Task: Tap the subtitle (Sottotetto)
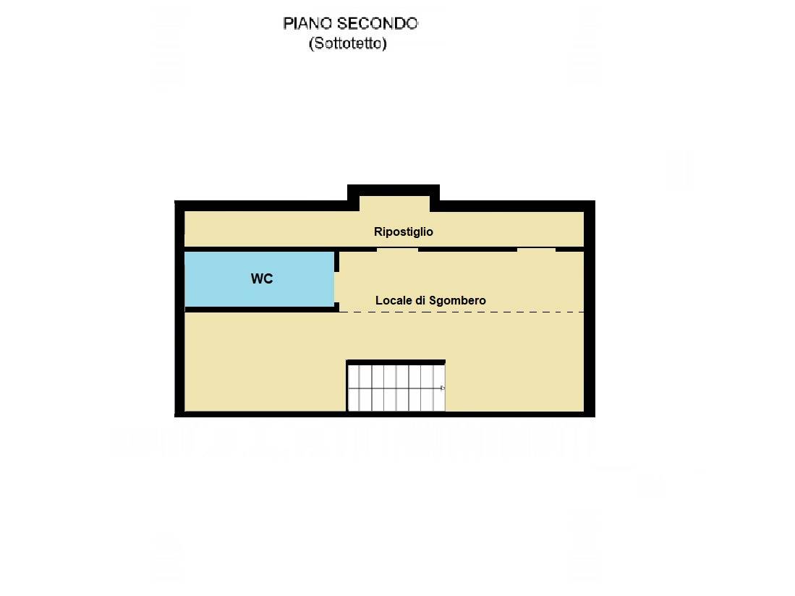(x=348, y=43)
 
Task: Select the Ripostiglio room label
(x=404, y=231)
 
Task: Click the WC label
(x=262, y=279)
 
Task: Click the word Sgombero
(x=457, y=300)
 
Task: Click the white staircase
(x=395, y=388)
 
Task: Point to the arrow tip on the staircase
(x=443, y=388)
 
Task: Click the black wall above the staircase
(x=396, y=362)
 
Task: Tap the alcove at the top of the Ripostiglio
(x=394, y=203)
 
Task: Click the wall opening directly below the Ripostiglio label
(x=397, y=250)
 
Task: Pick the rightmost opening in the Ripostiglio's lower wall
(x=536, y=250)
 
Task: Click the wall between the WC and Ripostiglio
(x=260, y=249)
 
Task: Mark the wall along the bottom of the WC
(x=260, y=310)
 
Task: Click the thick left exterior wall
(x=179, y=311)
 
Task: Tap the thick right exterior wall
(x=589, y=311)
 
